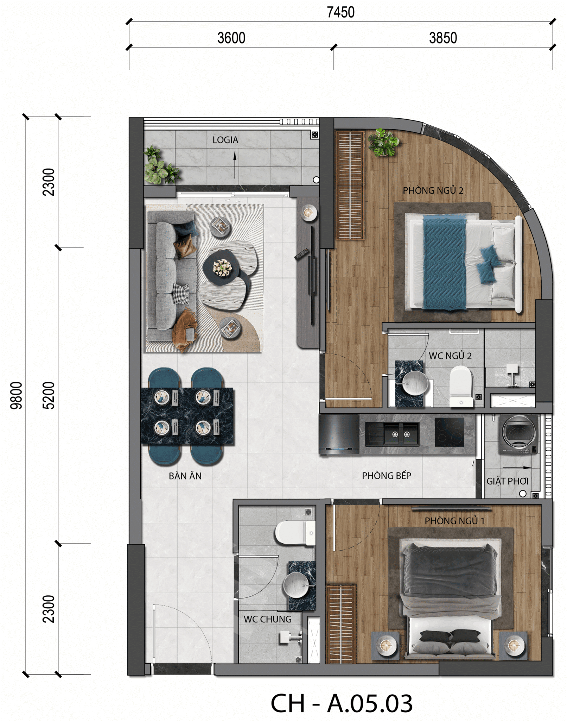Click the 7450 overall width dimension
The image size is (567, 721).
(340, 12)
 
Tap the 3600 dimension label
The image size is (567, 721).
(231, 38)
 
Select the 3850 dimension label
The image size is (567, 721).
(443, 38)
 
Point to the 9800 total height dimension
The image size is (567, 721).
(16, 395)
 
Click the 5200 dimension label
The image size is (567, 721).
(49, 395)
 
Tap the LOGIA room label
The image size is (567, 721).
(225, 140)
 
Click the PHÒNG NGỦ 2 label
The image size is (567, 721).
(433, 190)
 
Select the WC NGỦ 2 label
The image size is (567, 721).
(450, 356)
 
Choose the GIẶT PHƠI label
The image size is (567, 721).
(507, 481)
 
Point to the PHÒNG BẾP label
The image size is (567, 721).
(387, 476)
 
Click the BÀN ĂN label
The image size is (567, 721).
(185, 476)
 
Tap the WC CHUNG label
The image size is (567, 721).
(267, 619)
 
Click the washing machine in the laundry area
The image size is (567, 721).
(519, 434)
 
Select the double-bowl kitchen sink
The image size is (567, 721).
(392, 434)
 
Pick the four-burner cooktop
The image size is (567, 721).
(449, 432)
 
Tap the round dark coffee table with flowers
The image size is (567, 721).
(221, 268)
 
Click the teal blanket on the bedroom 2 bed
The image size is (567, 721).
(444, 263)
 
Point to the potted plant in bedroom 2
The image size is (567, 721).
(383, 143)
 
